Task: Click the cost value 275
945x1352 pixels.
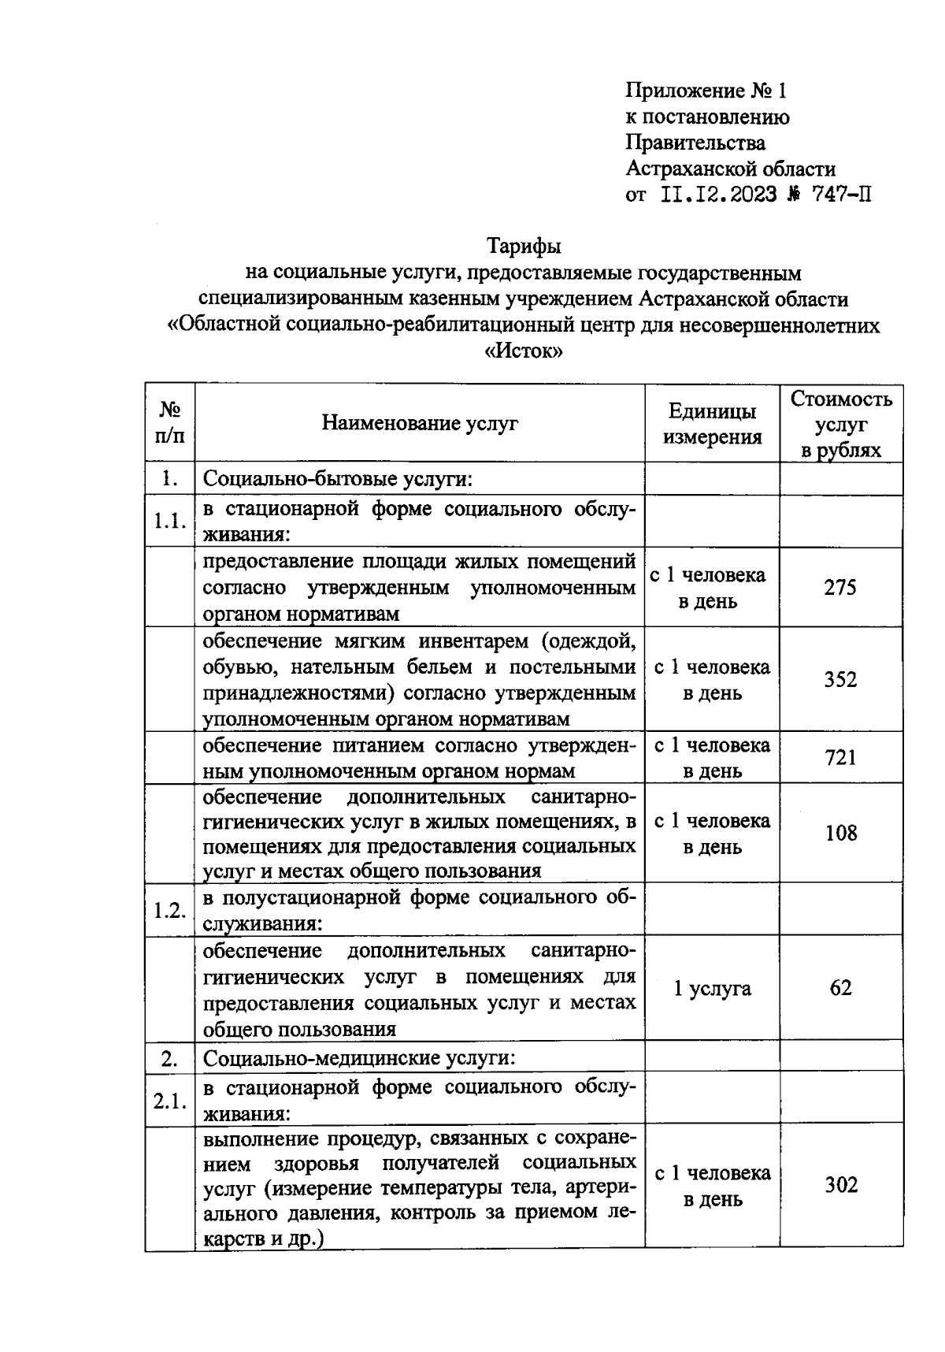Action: point(840,588)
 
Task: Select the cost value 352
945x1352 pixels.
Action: point(840,679)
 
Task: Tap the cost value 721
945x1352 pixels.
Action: point(840,758)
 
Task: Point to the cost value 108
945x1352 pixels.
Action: point(840,833)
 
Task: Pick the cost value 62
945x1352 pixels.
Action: point(840,988)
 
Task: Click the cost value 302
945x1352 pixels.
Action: point(840,1185)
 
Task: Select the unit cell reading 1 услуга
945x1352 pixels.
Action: point(712,988)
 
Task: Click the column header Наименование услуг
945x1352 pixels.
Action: point(420,423)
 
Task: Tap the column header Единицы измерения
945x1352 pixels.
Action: point(712,424)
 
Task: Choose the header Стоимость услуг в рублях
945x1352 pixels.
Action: point(841,424)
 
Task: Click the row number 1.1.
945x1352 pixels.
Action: point(170,521)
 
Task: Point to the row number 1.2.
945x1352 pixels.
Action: point(170,910)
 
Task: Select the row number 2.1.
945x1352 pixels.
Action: point(170,1101)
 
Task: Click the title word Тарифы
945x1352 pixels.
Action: point(524,247)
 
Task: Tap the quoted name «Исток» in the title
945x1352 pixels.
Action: point(524,352)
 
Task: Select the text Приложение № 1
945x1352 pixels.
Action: point(706,91)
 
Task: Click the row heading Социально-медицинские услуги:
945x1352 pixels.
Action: point(359,1058)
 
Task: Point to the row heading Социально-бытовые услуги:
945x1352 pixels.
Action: point(338,479)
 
